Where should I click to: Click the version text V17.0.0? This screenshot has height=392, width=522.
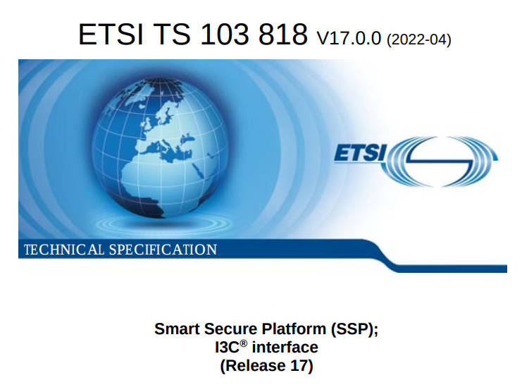[348, 37]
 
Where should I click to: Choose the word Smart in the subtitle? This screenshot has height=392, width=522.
[175, 329]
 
